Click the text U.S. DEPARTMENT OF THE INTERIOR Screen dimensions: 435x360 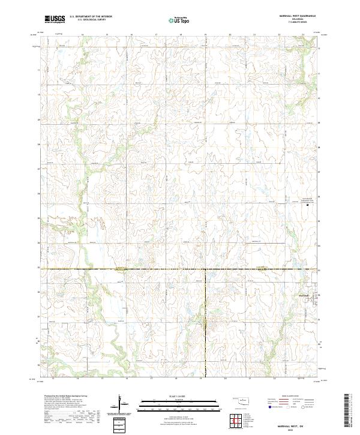click(x=91, y=16)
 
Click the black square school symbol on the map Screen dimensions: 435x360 click(x=308, y=205)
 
